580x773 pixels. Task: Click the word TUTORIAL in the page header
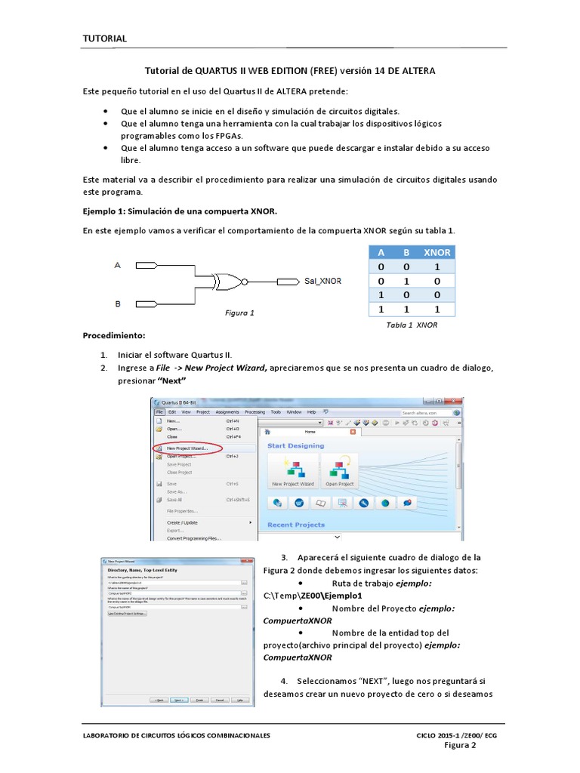point(104,38)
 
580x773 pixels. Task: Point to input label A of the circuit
point(117,265)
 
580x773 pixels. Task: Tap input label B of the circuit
point(117,303)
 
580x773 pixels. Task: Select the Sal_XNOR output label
point(322,282)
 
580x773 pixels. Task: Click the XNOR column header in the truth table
point(437,253)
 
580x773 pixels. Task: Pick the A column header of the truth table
point(381,253)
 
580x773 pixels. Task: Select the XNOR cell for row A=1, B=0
point(437,295)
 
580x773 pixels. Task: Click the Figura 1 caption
point(240,313)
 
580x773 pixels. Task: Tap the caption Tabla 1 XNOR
point(412,325)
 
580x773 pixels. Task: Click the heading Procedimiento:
point(114,334)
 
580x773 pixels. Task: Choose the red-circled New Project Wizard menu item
point(188,448)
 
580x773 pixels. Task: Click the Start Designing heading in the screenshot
point(295,446)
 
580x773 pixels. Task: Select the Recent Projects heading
point(296,525)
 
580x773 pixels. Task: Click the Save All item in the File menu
point(174,500)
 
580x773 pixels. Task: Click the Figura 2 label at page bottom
point(459,745)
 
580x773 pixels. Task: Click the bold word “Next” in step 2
point(171,380)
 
